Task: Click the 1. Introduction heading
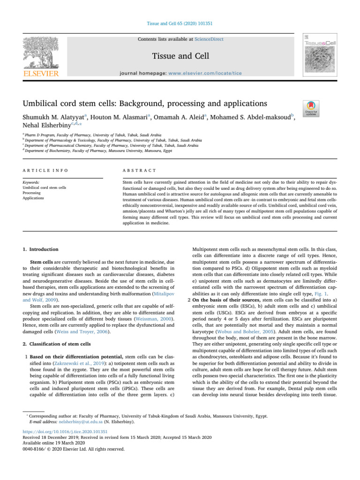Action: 40,250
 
